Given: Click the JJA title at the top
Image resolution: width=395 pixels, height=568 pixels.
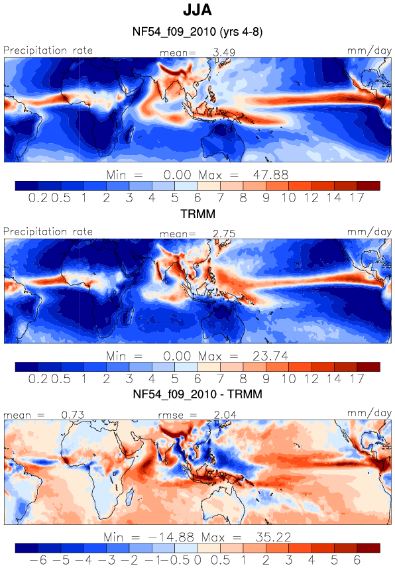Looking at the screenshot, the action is coord(197,10).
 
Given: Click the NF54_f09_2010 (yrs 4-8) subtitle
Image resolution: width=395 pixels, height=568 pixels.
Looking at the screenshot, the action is coord(197,32).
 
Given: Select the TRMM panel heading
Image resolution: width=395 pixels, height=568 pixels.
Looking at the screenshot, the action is coord(198,213).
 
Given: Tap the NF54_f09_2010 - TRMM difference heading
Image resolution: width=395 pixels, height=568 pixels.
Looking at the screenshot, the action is coord(197,394).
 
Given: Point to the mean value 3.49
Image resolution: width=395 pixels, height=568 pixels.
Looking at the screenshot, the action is coord(224,52).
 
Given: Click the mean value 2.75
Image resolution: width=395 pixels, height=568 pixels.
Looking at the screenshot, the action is coord(224,234).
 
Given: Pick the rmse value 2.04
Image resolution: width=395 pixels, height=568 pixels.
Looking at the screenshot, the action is coord(225,415).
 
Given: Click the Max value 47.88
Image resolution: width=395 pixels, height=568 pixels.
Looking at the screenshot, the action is coord(270,175).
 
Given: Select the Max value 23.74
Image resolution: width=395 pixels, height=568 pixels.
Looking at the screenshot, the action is coord(270,356).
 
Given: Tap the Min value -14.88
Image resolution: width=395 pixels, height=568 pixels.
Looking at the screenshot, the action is coord(171,537).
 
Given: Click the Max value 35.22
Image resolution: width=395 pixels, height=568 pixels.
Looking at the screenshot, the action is coord(273,537).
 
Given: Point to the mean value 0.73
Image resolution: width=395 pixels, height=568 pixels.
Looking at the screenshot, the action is coord(72,415).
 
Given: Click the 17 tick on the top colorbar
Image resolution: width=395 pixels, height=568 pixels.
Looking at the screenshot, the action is coord(357,198).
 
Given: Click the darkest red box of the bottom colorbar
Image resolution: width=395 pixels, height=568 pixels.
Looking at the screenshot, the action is coord(368,547).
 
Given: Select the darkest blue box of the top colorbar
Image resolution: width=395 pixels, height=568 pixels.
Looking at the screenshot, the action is coord(27,186).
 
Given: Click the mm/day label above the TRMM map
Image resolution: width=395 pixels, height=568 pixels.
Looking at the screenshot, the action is coord(369,232).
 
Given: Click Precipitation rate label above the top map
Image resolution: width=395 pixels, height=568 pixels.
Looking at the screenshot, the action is coord(48,50).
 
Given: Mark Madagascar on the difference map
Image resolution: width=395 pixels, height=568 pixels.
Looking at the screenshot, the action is coord(129,496).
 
